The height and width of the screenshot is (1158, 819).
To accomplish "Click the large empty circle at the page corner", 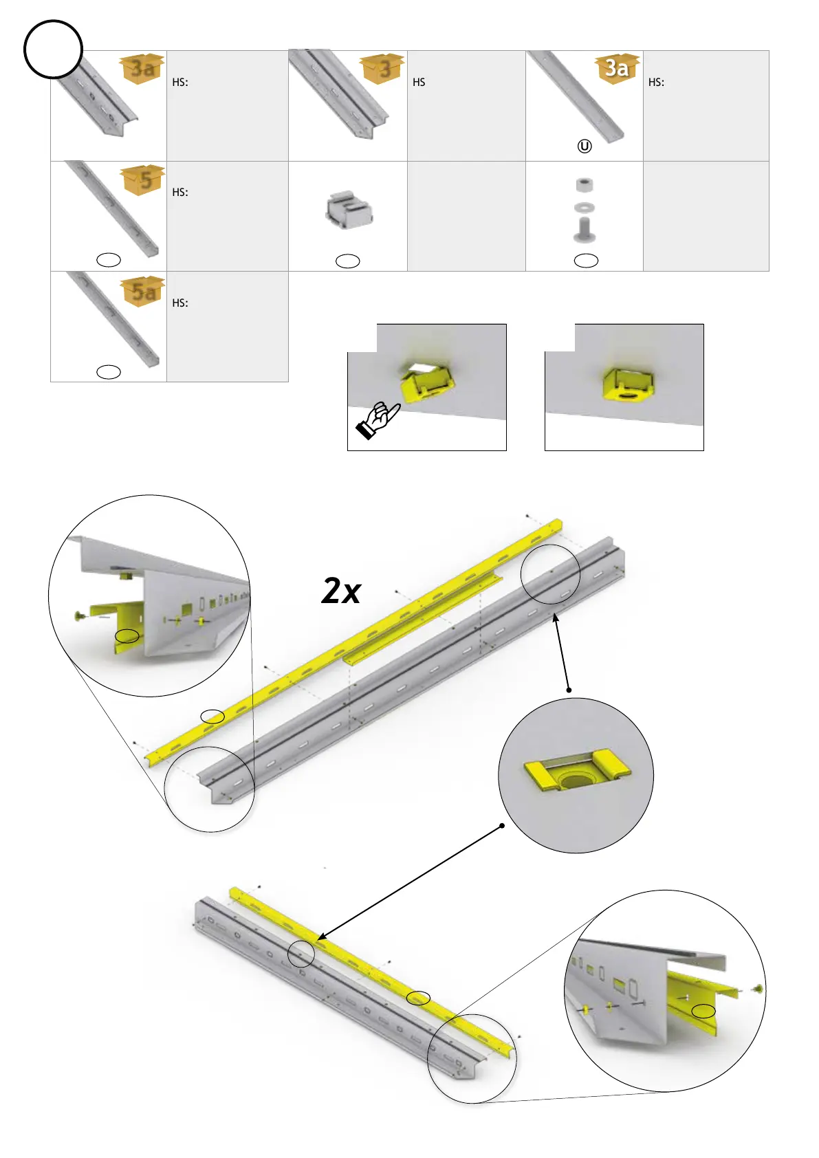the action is coord(53,50).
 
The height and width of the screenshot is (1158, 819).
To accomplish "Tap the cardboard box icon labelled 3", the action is coord(382,68).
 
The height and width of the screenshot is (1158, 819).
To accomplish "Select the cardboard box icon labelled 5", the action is coord(144,179).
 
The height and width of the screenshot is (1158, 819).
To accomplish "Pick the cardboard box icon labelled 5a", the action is coord(144,291).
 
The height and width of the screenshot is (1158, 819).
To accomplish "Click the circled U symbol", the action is coord(585,146).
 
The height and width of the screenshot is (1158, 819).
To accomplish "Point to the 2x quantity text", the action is coord(341,591).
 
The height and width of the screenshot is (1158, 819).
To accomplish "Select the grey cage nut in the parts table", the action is coord(349,210).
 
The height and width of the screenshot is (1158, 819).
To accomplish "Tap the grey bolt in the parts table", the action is coord(585,229).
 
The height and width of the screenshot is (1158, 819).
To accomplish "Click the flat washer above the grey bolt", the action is coord(585,207).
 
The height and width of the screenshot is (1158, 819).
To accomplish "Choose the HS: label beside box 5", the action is coord(180,193).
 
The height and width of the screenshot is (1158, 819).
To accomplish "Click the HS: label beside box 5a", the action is coord(180,303).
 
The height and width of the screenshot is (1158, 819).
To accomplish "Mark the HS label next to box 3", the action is coord(419,83).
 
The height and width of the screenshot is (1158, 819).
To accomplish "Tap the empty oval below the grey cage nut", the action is coord(347,261).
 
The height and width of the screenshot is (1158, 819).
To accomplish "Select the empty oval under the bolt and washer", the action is coord(586,260).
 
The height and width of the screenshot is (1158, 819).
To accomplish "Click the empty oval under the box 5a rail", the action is coord(109,372).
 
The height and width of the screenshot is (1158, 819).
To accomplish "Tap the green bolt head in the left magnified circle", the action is coord(80,615).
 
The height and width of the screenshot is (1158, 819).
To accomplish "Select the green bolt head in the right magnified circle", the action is coord(758,989).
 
